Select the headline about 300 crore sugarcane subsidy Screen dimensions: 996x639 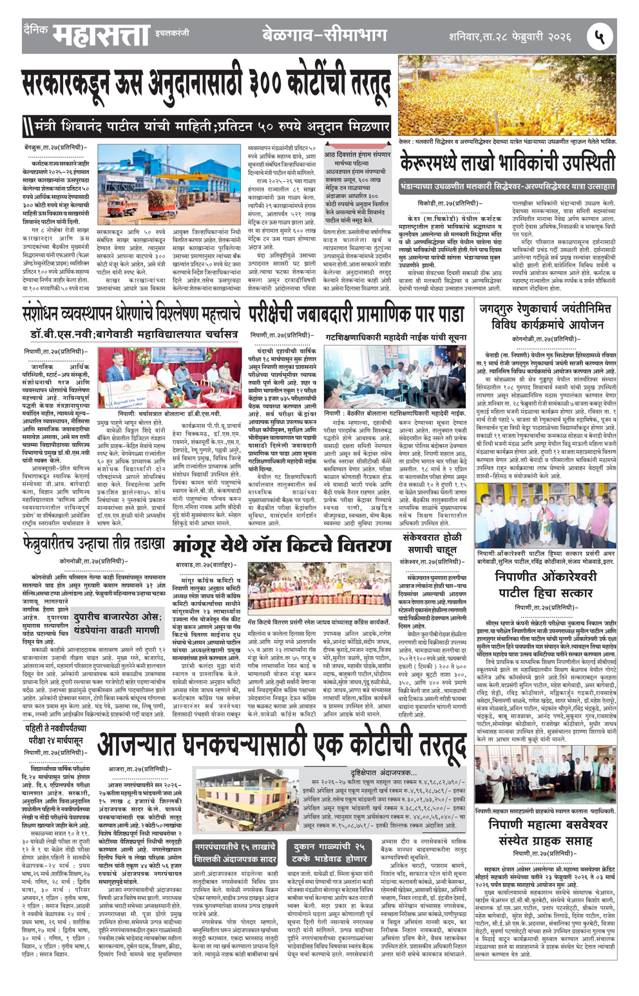click(206, 88)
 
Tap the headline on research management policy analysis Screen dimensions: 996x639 click(130, 314)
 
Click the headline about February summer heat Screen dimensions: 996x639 click(93, 545)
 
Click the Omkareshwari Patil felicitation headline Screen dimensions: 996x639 click(545, 585)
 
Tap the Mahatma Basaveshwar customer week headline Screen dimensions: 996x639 click(545, 832)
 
